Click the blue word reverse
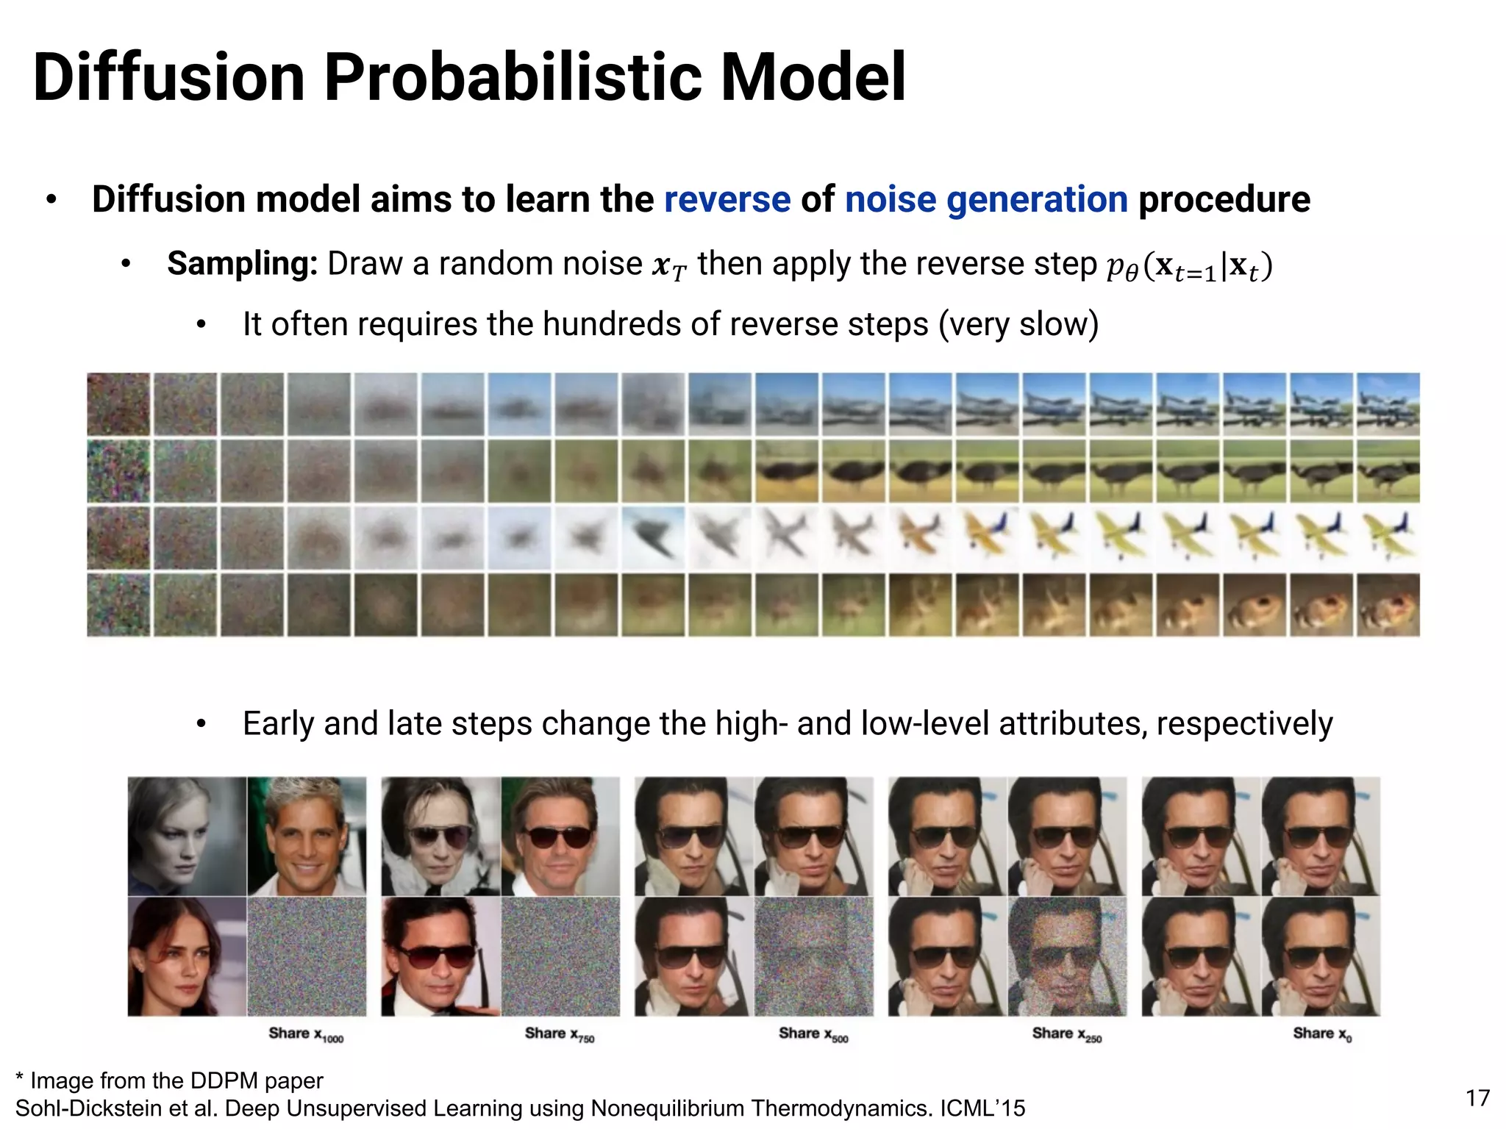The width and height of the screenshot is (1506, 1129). (x=727, y=200)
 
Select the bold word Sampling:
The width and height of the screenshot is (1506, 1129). (x=242, y=264)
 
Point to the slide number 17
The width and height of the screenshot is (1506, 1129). (x=1477, y=1098)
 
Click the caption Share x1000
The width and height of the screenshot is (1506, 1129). (x=305, y=1034)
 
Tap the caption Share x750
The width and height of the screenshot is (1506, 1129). (x=559, y=1034)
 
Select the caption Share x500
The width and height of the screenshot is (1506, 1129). (x=813, y=1034)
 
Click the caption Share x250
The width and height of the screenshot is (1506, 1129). (x=1066, y=1034)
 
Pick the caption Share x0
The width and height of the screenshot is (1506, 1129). (x=1321, y=1034)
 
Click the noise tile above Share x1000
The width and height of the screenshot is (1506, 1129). (x=307, y=956)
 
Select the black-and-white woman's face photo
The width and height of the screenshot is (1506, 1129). (x=187, y=836)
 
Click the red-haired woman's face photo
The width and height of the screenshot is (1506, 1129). (x=187, y=956)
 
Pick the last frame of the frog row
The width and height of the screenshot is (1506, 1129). (x=1388, y=605)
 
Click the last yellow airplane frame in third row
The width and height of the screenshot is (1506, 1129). (x=1388, y=537)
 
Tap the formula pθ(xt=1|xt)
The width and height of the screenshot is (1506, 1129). (x=1189, y=266)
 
